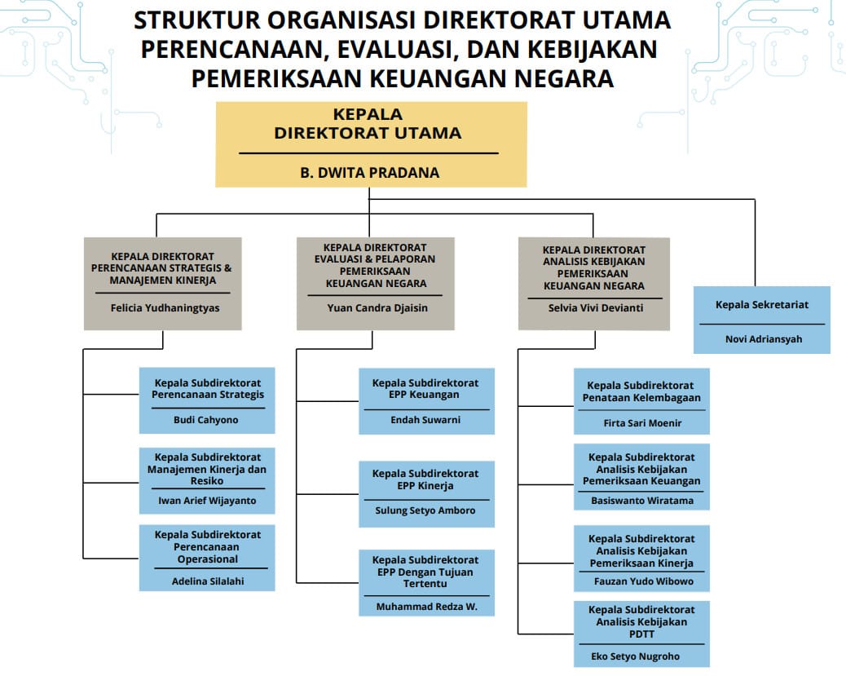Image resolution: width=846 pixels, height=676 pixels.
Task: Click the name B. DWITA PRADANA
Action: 370,172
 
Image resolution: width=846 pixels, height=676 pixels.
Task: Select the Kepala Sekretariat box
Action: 761,319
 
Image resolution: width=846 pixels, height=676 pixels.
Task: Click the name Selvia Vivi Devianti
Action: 593,308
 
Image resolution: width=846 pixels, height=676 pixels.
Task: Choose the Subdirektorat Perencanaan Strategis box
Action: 207,400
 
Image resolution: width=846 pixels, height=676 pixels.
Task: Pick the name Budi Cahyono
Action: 207,420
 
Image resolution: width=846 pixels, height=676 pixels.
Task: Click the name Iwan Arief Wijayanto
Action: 207,501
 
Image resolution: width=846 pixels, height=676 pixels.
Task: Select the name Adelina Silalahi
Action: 207,581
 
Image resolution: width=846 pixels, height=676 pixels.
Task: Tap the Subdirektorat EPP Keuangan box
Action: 425,400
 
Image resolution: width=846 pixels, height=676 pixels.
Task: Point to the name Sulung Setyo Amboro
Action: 425,510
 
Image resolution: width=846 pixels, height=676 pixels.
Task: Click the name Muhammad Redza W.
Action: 425,607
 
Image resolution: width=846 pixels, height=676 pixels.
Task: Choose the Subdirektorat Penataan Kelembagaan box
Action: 641,401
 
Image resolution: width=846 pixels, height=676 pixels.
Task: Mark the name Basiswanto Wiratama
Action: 642,501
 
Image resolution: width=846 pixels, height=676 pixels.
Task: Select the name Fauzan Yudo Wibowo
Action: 642,581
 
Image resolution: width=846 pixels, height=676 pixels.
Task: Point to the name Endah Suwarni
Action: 425,420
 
